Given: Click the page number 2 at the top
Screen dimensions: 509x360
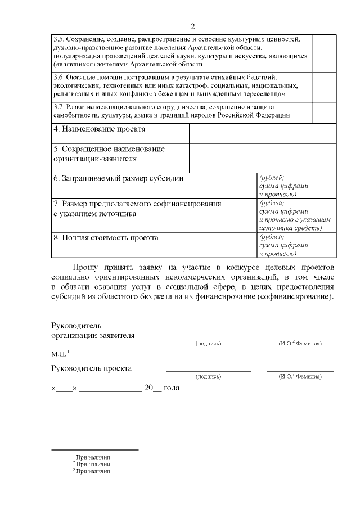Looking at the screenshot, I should [x=192, y=26].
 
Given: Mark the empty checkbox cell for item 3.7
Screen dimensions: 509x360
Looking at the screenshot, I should [x=325, y=111].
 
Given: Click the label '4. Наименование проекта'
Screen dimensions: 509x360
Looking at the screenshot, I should [x=99, y=129].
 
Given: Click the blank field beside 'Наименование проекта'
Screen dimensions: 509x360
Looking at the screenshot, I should [x=263, y=133].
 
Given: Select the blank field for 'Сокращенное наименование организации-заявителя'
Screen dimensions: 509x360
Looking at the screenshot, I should [x=263, y=158].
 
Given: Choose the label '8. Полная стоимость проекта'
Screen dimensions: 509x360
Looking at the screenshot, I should [x=105, y=237].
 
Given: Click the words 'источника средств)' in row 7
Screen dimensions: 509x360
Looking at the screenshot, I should [x=290, y=228].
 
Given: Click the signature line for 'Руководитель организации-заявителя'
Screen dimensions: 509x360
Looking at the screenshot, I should [x=208, y=337].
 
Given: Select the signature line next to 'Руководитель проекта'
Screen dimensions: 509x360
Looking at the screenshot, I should [x=208, y=370].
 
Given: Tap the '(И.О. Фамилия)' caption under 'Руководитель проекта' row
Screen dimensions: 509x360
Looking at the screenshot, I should [x=300, y=376].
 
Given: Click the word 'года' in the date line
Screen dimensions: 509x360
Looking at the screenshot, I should [x=171, y=388].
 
